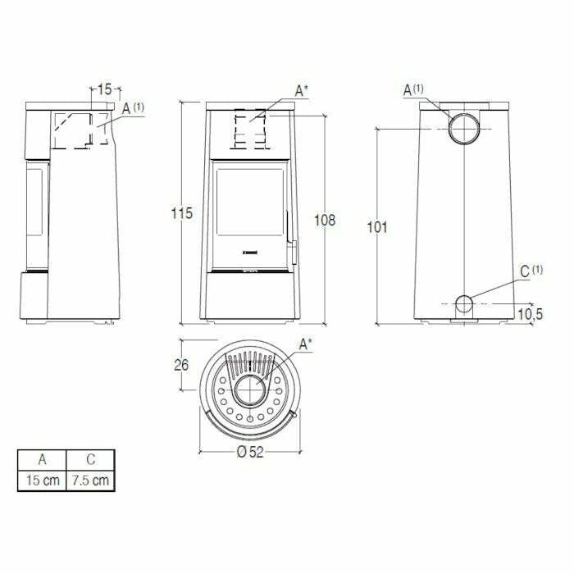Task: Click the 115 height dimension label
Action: click(x=181, y=213)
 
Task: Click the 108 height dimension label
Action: click(x=326, y=220)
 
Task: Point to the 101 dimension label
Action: click(x=376, y=227)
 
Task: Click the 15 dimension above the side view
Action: click(x=104, y=89)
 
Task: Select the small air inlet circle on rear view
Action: click(x=464, y=304)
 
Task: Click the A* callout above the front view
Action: click(x=301, y=91)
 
